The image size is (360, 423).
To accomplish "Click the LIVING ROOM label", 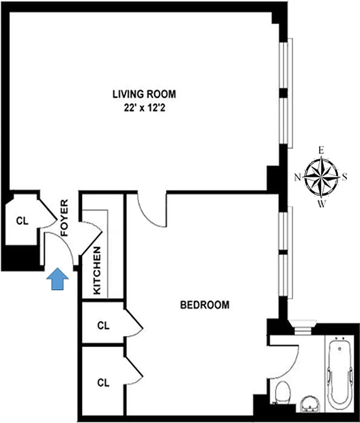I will point(144,95).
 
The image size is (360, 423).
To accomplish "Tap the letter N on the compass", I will point(297,177).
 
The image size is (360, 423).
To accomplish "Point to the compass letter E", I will point(320,150).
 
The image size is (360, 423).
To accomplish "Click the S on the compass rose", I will point(345,177).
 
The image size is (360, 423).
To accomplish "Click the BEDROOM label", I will point(205,305).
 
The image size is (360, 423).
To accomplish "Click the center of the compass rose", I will point(321,177).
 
